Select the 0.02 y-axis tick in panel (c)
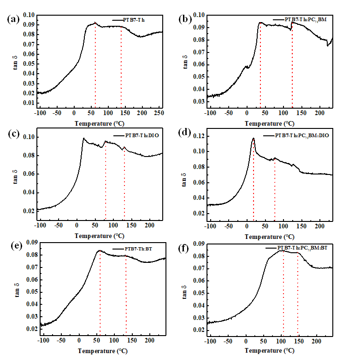pos(28,211)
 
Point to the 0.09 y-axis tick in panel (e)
pos(28,242)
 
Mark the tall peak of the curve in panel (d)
pos(253,138)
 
